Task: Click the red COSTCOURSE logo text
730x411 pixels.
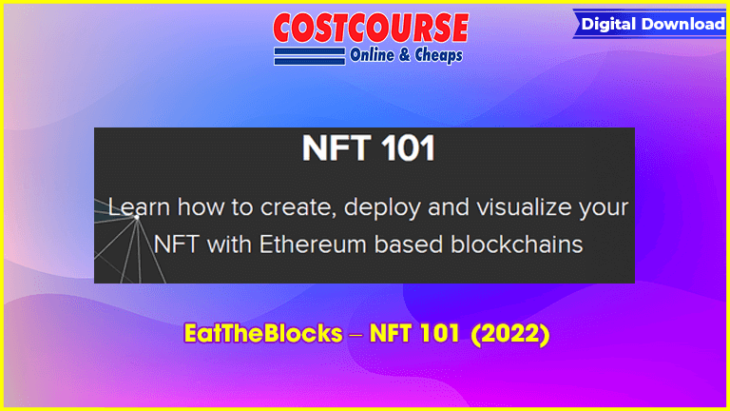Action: click(371, 28)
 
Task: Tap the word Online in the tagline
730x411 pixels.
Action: click(372, 55)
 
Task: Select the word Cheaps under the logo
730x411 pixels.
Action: click(438, 55)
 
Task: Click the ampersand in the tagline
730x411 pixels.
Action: click(405, 55)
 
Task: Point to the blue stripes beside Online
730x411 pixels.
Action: click(310, 56)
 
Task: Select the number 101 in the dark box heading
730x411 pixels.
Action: click(409, 148)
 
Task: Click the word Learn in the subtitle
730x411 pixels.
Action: click(139, 206)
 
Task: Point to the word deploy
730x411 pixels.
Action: click(382, 207)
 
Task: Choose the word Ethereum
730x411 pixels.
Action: click(313, 245)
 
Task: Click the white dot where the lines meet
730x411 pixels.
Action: click(137, 217)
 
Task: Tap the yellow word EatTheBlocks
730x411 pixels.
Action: click(263, 334)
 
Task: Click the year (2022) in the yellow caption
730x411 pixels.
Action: click(510, 334)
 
